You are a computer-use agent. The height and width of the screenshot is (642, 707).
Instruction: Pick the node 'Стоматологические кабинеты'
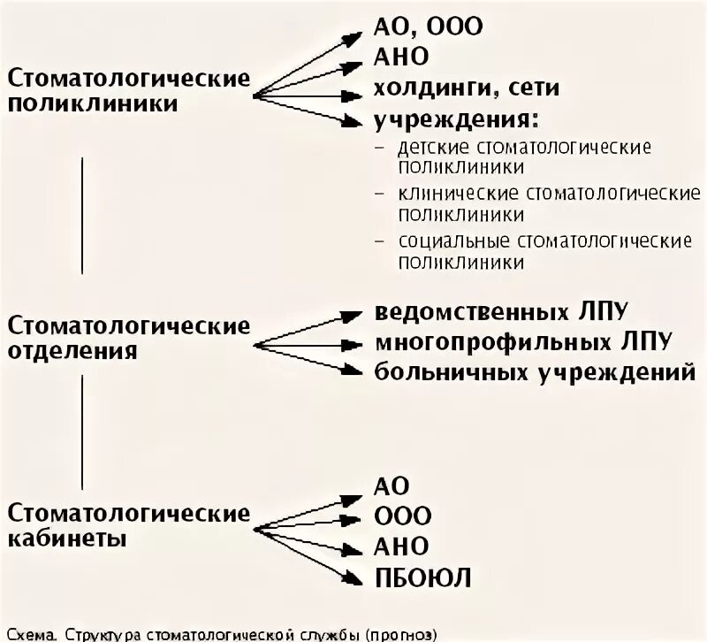129,525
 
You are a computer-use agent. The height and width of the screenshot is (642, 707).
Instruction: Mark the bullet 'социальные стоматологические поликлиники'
544,251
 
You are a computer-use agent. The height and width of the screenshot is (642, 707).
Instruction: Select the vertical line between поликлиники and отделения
82,215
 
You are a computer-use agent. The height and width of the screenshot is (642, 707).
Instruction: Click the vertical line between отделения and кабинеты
82,431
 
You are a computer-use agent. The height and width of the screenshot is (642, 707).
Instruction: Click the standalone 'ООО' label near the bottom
403,515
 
